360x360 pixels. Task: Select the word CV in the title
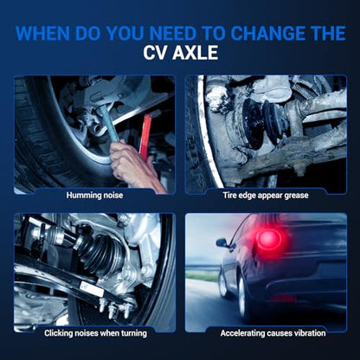(x=156, y=53)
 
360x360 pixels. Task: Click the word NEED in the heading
(x=173, y=34)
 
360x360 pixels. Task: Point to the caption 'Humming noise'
(x=94, y=196)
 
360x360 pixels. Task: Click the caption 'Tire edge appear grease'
(x=266, y=196)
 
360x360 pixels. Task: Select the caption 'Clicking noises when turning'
(x=95, y=333)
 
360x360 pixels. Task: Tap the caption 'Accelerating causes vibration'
(x=273, y=333)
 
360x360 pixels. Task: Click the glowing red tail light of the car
(x=267, y=238)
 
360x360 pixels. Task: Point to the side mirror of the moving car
(x=222, y=242)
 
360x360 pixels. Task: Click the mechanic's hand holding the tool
(x=130, y=164)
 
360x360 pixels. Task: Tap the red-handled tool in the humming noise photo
(x=145, y=136)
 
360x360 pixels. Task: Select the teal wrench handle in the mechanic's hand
(x=109, y=123)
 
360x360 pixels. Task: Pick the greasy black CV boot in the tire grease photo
(x=264, y=121)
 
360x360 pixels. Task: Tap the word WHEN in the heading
(x=42, y=34)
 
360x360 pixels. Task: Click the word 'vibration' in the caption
(x=308, y=333)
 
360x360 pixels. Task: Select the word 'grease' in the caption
(x=296, y=196)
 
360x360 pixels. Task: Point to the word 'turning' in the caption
(x=134, y=334)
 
